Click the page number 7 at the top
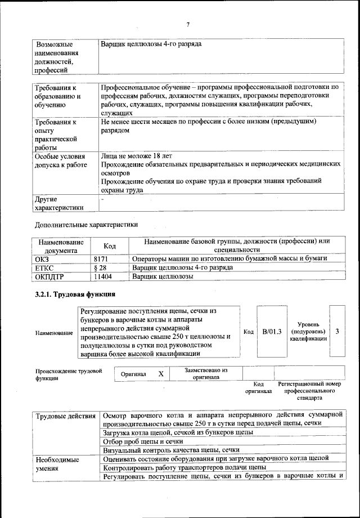point(188,24)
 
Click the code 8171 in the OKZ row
point(100,258)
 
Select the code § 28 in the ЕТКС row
point(100,268)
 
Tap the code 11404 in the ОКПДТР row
point(103,278)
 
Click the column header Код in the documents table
point(110,246)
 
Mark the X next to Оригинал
point(160,374)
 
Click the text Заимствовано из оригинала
point(205,374)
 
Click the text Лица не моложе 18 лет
point(137,154)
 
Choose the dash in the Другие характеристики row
point(102,199)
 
